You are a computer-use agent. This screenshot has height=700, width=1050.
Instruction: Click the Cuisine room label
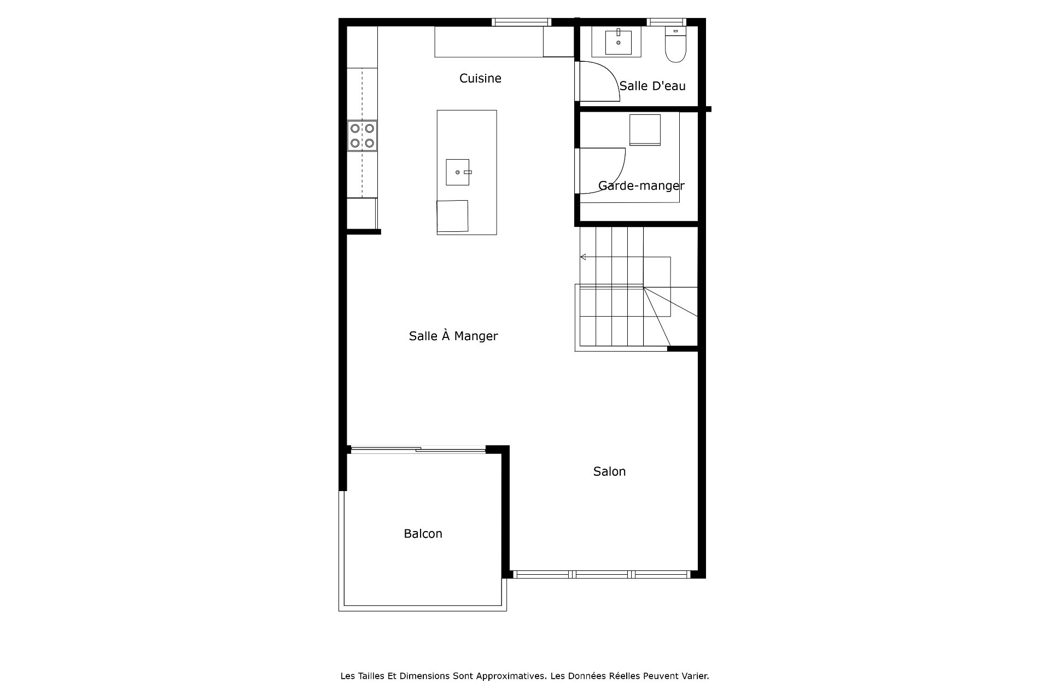pyautogui.click(x=480, y=78)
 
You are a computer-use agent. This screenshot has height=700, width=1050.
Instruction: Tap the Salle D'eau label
pyautogui.click(x=652, y=86)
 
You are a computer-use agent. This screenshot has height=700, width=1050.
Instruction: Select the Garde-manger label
pyautogui.click(x=641, y=185)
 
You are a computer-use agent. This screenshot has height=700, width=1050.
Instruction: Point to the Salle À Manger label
pyautogui.click(x=453, y=335)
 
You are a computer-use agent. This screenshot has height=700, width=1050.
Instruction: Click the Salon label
pyautogui.click(x=609, y=471)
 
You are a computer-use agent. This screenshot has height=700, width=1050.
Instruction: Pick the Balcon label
pyautogui.click(x=423, y=534)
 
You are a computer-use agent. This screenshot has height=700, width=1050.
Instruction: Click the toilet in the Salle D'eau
pyautogui.click(x=675, y=44)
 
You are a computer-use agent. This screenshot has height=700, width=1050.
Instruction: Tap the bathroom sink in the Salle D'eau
pyautogui.click(x=619, y=42)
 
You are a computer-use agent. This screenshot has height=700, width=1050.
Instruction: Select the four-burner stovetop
pyautogui.click(x=362, y=136)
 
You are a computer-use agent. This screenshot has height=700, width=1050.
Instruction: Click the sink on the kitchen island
pyautogui.click(x=458, y=172)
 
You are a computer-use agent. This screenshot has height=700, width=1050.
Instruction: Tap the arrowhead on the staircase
pyautogui.click(x=583, y=257)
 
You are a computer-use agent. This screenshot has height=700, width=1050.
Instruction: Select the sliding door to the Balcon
pyautogui.click(x=418, y=450)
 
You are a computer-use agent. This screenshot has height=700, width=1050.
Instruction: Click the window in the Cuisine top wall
pyautogui.click(x=521, y=22)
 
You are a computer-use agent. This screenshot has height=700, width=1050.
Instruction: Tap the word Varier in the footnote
pyautogui.click(x=695, y=676)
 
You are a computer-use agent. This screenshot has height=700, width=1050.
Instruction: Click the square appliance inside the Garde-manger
pyautogui.click(x=645, y=130)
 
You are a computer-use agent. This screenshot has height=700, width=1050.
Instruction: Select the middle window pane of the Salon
pyautogui.click(x=602, y=574)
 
